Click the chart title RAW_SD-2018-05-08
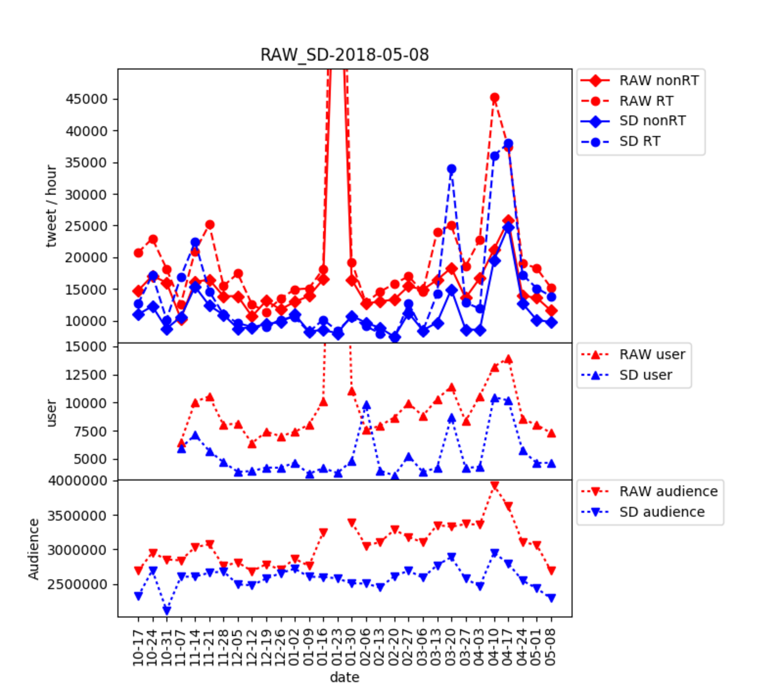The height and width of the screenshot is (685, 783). tap(345, 55)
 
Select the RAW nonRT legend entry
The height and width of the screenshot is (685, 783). tap(658, 81)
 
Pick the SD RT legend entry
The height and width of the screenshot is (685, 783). tap(640, 141)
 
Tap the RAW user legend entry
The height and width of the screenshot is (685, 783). tap(652, 355)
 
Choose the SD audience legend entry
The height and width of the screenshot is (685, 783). tap(661, 512)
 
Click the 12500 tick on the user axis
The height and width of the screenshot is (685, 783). tap(86, 375)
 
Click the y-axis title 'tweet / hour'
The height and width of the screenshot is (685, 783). tap(51, 206)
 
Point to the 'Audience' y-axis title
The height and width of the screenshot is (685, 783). tap(34, 549)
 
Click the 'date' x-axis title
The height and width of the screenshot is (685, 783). tap(345, 677)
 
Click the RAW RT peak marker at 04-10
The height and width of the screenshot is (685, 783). tap(494, 98)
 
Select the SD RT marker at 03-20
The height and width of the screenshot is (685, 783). tap(452, 169)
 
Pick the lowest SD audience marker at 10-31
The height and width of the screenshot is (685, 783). tap(167, 610)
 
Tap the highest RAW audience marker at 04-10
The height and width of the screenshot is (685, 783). tap(494, 485)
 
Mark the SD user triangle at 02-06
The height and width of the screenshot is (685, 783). tap(366, 406)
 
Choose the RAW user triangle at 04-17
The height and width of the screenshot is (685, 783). tap(508, 359)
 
